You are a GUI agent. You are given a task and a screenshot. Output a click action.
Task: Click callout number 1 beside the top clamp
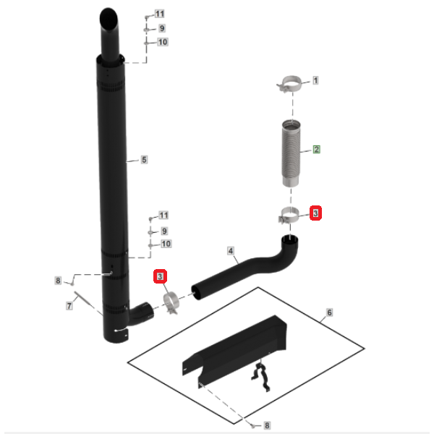(x=315, y=80)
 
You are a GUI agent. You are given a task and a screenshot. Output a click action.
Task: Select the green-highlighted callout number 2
(x=316, y=150)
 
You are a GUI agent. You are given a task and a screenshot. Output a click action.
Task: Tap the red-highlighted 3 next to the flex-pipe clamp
(x=315, y=213)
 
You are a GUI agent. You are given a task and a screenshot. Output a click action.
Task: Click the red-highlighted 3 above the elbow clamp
(x=161, y=276)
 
